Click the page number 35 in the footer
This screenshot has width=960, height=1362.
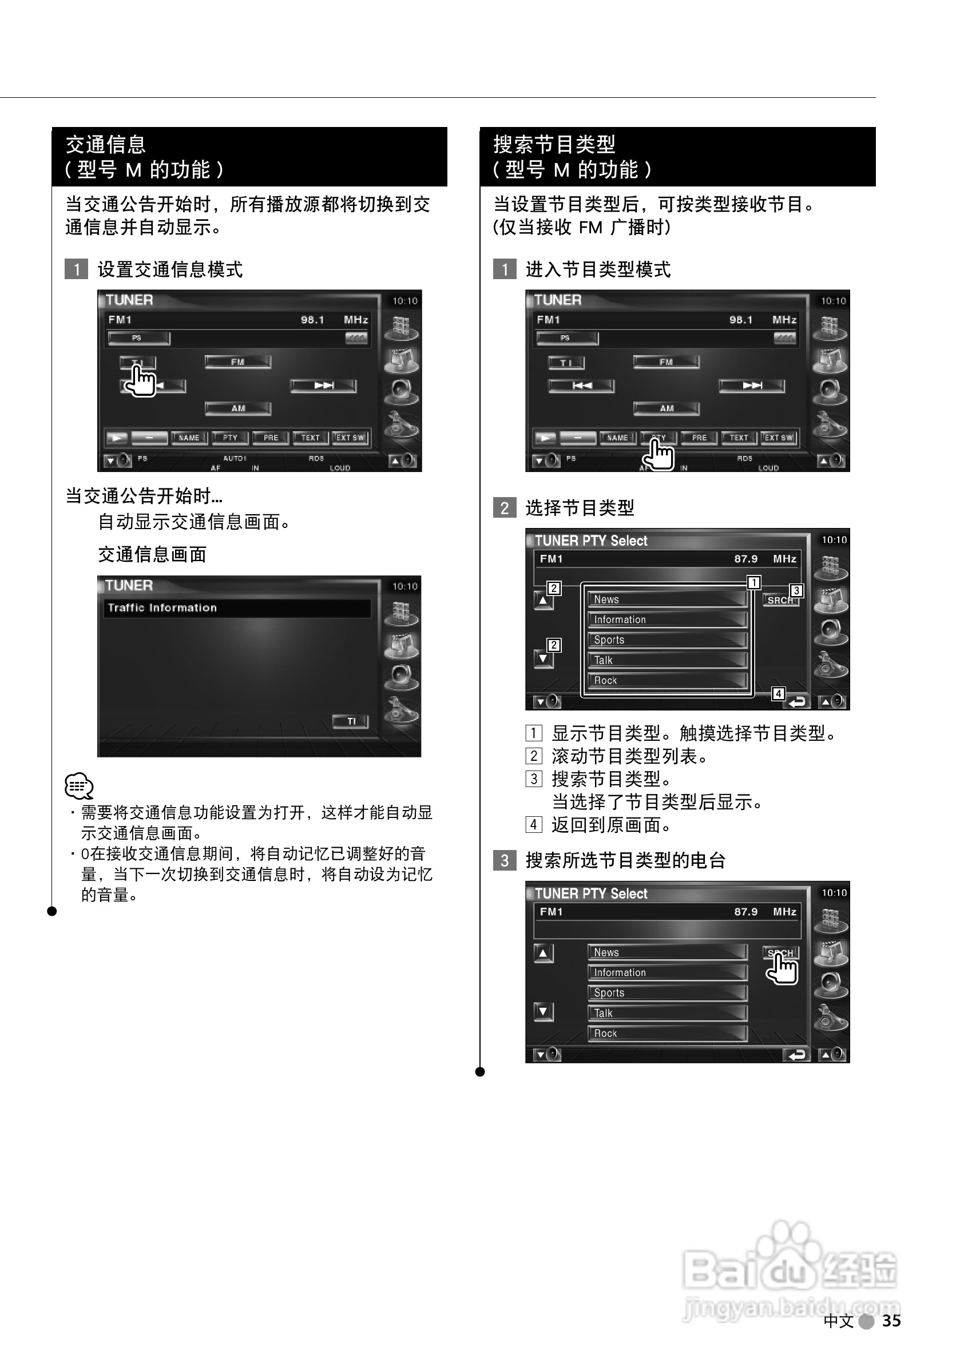click(891, 1320)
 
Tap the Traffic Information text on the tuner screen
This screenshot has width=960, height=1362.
click(162, 607)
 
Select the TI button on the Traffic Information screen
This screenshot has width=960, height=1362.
click(351, 721)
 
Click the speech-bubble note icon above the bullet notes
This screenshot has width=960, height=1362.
click(79, 786)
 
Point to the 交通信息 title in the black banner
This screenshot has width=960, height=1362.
click(106, 145)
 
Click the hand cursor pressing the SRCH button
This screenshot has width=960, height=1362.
click(783, 968)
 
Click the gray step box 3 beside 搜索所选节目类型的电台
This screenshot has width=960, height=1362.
click(505, 860)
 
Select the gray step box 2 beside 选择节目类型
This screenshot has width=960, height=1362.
click(505, 508)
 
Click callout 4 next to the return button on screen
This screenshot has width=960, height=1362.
click(778, 693)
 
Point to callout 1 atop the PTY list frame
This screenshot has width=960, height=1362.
click(753, 582)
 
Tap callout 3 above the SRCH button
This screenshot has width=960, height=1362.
click(796, 590)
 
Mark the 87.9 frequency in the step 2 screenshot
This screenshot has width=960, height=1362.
click(746, 559)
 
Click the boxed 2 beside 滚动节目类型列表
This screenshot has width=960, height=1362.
click(533, 756)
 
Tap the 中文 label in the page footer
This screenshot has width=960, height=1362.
click(838, 1321)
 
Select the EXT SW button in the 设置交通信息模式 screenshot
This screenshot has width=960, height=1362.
click(350, 438)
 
